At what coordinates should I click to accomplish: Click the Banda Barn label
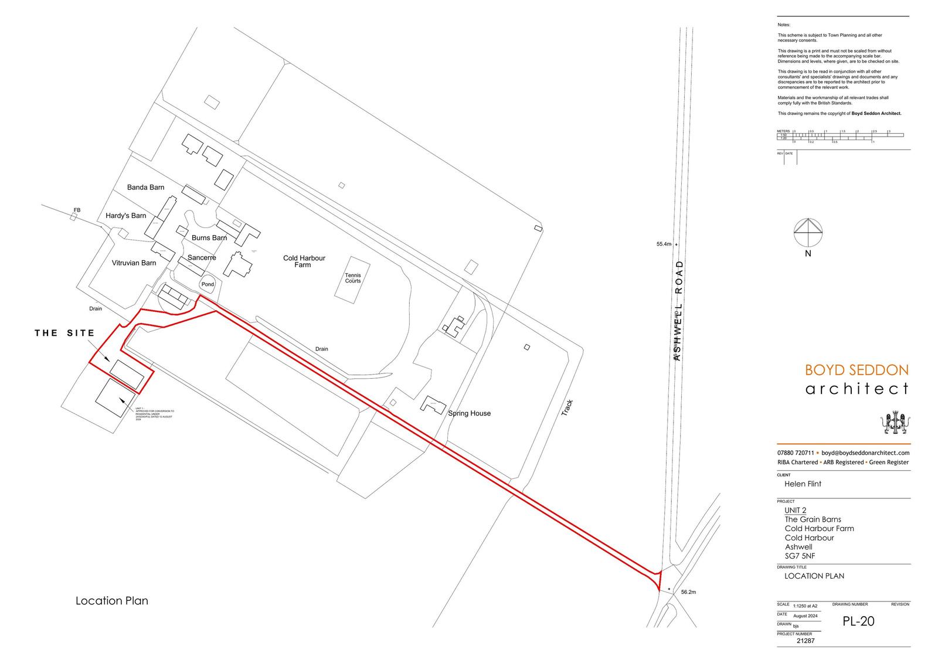tap(145, 188)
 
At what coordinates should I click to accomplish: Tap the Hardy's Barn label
tap(126, 216)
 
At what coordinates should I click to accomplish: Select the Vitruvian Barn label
tap(134, 263)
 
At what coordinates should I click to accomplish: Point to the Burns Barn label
tap(209, 238)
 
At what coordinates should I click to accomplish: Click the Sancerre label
tap(202, 257)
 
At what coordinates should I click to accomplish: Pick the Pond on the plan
tap(208, 284)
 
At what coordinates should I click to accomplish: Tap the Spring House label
tap(469, 413)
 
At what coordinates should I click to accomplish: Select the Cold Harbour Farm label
tap(304, 261)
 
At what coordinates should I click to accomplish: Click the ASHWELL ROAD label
tap(679, 310)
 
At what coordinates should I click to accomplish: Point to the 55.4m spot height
tap(664, 244)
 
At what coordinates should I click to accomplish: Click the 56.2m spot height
tap(688, 592)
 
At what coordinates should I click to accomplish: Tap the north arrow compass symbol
tap(808, 233)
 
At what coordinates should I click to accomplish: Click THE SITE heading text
tap(64, 333)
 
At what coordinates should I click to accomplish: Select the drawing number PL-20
tap(858, 621)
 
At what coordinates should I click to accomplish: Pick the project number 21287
tap(806, 641)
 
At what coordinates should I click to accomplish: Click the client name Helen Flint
tap(803, 484)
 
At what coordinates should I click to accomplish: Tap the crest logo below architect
tap(895, 423)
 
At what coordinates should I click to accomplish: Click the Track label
tap(566, 408)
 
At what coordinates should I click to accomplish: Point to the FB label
tap(77, 210)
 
